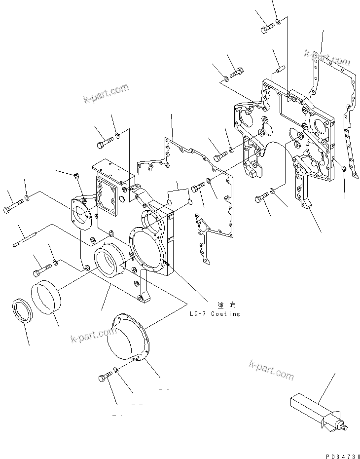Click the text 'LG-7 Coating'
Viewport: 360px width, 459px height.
[215, 314]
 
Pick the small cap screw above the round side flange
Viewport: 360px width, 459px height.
[76, 175]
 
